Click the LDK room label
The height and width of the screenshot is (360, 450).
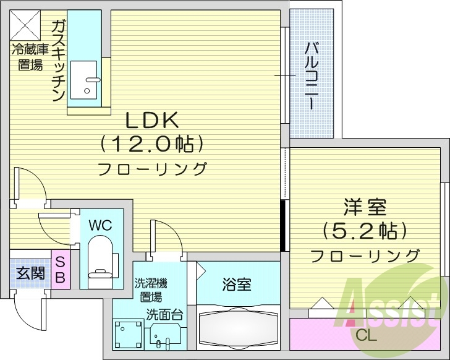(152, 119)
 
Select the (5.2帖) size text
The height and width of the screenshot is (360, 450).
(363, 231)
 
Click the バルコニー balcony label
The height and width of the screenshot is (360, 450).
(312, 74)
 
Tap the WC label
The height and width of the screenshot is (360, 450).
(100, 225)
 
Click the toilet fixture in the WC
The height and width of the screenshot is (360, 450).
(100, 263)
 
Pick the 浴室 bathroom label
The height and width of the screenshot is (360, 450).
(237, 285)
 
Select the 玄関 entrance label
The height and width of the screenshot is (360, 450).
(30, 272)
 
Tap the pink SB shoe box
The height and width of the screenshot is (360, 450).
(61, 270)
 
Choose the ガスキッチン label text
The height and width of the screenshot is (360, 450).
(58, 61)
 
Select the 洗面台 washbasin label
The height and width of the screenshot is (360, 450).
(164, 314)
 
